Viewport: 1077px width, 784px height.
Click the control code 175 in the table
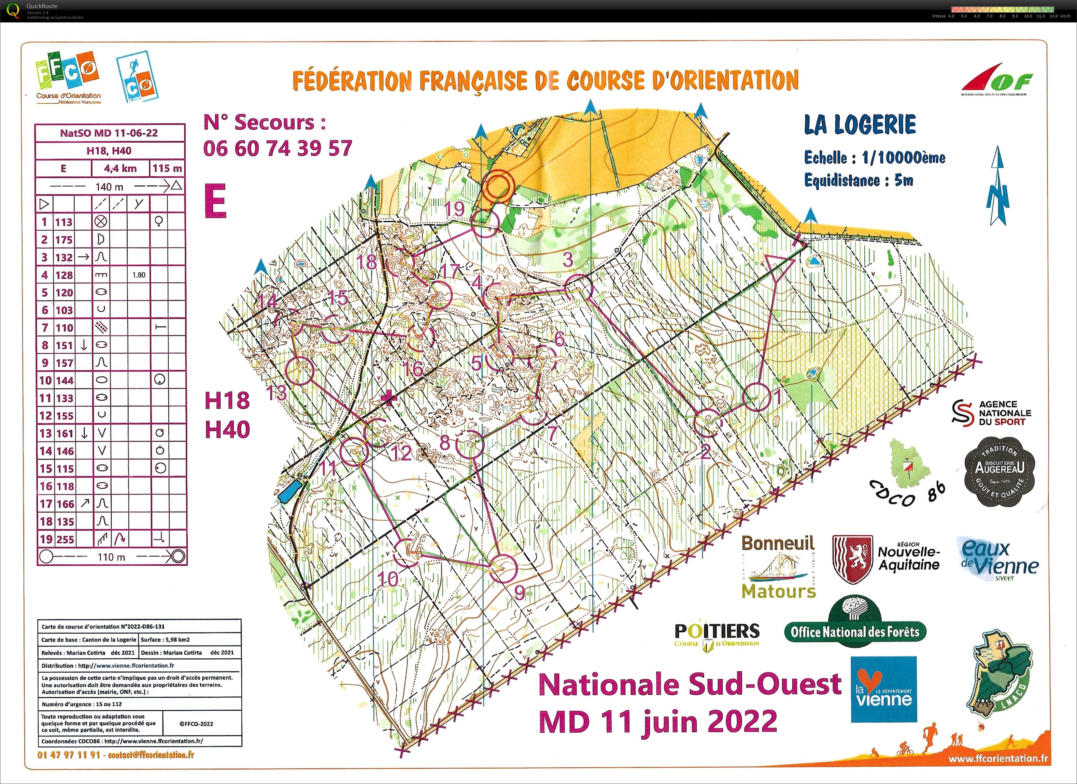click(63, 240)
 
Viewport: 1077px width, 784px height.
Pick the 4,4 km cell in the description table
click(120, 168)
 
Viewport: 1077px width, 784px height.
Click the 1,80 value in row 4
click(139, 275)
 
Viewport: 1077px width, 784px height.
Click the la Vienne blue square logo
click(883, 689)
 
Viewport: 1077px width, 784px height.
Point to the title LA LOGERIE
click(860, 125)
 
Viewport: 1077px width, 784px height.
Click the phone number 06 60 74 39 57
click(278, 149)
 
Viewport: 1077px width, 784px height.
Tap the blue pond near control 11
click(289, 492)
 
